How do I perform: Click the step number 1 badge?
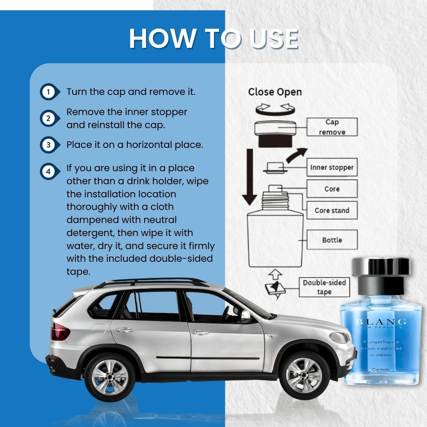[x=49, y=92]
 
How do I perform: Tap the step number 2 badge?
[x=49, y=119]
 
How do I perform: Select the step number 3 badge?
[x=49, y=145]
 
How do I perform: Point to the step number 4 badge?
[x=49, y=172]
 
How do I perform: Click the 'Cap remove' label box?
[x=332, y=127]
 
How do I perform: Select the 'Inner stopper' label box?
[x=332, y=167]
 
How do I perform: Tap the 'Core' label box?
[x=332, y=189]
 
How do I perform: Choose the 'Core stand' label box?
[x=332, y=210]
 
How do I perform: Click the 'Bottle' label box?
[x=332, y=240]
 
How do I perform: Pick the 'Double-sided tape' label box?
[x=324, y=287]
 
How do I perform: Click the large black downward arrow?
[x=249, y=177]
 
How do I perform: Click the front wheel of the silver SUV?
[x=304, y=376]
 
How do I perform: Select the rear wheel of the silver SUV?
[x=110, y=377]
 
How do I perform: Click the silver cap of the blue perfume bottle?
[x=381, y=267]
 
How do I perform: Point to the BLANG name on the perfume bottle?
[x=381, y=322]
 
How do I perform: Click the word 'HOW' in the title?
[x=163, y=38]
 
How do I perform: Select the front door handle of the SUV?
[x=200, y=333]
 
